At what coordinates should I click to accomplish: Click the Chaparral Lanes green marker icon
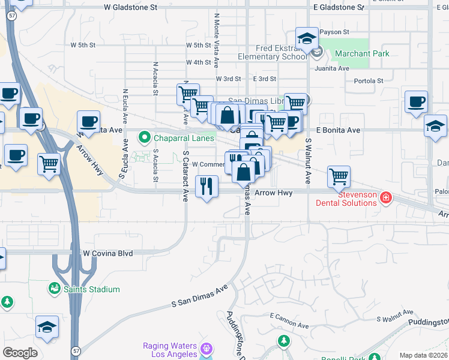[144, 138]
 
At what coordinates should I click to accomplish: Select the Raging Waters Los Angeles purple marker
[206, 348]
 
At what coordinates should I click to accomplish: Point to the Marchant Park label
[362, 53]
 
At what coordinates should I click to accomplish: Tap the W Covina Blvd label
[107, 254]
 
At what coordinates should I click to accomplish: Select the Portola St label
[368, 81]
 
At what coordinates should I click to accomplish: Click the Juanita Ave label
[335, 68]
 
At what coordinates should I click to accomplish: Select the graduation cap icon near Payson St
[307, 40]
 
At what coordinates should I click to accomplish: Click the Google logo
[20, 353]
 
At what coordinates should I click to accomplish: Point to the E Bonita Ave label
[338, 130]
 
